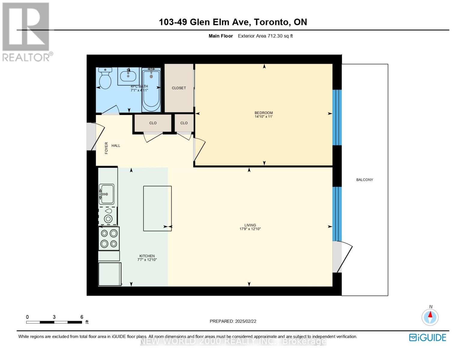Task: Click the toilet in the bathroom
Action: click(x=105, y=79)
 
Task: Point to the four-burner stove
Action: click(x=109, y=238)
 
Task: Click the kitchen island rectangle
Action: click(x=157, y=208)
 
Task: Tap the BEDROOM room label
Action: click(x=263, y=113)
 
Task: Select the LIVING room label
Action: click(x=250, y=225)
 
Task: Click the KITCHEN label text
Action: click(x=147, y=256)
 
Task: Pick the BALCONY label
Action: click(x=365, y=180)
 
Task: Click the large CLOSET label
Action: click(x=179, y=88)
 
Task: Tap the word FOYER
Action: click(x=106, y=148)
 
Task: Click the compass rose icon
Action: click(x=430, y=317)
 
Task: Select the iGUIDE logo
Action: click(x=428, y=337)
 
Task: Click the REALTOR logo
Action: click(x=26, y=31)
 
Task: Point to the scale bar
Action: click(x=54, y=322)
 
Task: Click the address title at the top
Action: click(x=233, y=22)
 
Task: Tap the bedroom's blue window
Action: click(x=337, y=117)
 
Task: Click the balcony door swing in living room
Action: click(x=342, y=256)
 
